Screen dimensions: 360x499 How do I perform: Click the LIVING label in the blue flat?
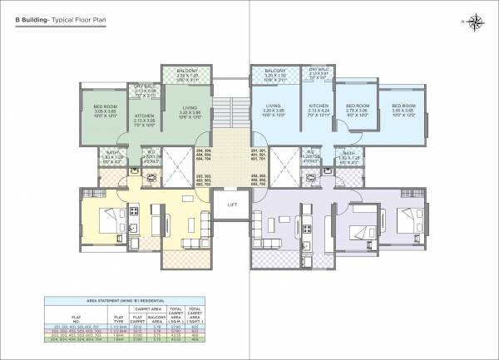[273, 106]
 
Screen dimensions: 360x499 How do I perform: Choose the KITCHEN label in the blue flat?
[320, 106]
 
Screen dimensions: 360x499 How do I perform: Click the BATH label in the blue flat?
[349, 154]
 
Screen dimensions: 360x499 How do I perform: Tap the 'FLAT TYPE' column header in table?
[119, 317]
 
